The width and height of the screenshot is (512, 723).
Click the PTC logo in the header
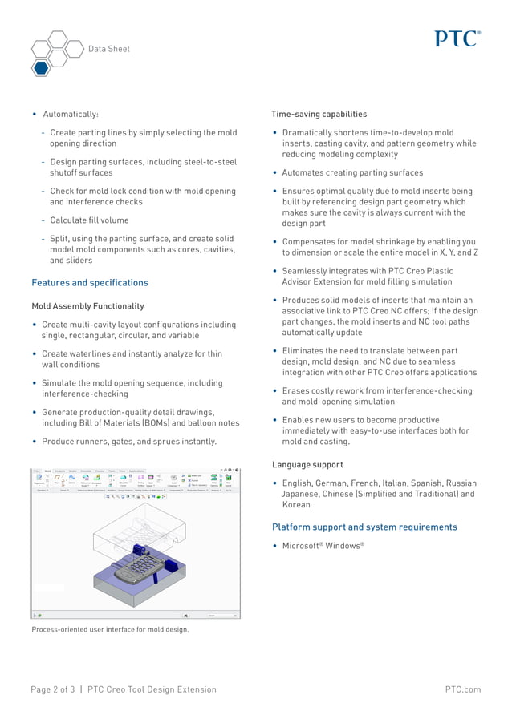pyautogui.click(x=458, y=38)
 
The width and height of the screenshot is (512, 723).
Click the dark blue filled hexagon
pyautogui.click(x=41, y=67)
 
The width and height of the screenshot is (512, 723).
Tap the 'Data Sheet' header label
pyautogui.click(x=108, y=49)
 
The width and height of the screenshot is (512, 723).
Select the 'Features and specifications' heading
pyautogui.click(x=90, y=283)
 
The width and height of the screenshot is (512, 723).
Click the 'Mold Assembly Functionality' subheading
pyautogui.click(x=87, y=306)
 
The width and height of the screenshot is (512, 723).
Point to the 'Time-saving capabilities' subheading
pyautogui.click(x=319, y=115)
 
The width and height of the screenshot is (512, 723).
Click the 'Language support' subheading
pyautogui.click(x=307, y=465)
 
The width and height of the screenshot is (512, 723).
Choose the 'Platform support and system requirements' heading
pyautogui.click(x=364, y=527)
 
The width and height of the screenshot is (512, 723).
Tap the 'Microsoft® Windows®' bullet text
pyautogui.click(x=323, y=546)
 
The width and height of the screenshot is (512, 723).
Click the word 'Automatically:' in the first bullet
pyautogui.click(x=71, y=115)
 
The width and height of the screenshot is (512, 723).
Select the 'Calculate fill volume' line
pyautogui.click(x=89, y=220)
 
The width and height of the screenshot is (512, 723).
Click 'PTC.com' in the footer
pyautogui.click(x=463, y=689)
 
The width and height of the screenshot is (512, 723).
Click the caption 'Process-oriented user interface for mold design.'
pyautogui.click(x=110, y=630)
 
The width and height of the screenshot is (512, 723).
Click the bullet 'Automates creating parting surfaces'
pyautogui.click(x=352, y=173)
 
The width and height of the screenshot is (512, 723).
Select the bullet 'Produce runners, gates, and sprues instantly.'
pyautogui.click(x=129, y=442)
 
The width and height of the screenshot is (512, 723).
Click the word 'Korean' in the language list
pyautogui.click(x=296, y=505)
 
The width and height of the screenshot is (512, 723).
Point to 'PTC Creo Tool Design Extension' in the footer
pyautogui.click(x=152, y=689)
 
